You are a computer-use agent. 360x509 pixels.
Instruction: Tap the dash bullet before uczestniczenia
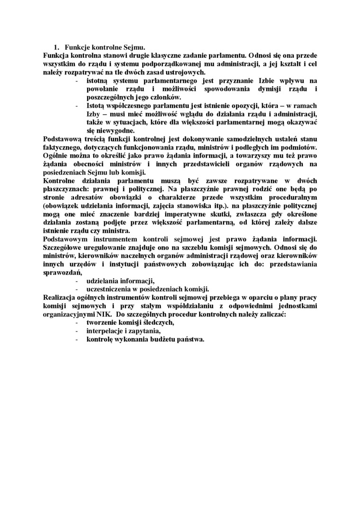(x=77, y=289)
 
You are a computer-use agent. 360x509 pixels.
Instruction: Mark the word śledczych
(x=156, y=322)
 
